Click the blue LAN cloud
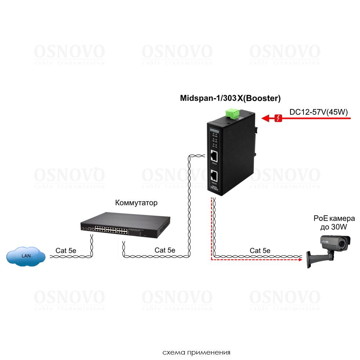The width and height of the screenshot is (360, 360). tap(26, 256)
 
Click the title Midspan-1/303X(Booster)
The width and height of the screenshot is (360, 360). tap(230, 98)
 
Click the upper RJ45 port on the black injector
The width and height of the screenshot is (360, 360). tap(213, 156)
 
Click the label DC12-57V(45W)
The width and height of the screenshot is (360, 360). tap(318, 112)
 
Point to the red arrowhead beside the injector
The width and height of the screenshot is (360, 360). tap(266, 118)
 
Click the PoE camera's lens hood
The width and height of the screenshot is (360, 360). tap(340, 239)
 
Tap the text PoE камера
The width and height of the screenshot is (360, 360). tap(334, 219)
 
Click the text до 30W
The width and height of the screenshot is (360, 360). tap(334, 227)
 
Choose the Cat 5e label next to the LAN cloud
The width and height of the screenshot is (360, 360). tap(66, 250)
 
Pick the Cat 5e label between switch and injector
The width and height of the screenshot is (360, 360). tap(165, 250)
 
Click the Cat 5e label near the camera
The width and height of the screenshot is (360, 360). tap(260, 250)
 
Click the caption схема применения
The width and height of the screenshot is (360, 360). tap(196, 352)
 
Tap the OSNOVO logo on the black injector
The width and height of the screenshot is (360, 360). tap(215, 131)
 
